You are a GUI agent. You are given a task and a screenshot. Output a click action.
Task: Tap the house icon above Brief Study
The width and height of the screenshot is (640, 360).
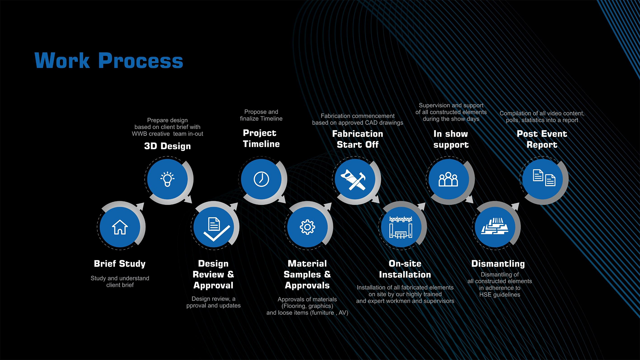120,227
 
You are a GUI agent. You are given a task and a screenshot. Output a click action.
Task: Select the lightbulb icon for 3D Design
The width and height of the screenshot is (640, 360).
167,179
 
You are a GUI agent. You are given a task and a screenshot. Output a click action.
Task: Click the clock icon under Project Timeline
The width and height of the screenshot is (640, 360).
261,179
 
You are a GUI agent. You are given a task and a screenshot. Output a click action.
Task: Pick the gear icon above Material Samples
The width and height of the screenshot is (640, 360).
307,227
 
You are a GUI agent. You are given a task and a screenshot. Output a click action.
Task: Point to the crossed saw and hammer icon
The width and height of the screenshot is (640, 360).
353,179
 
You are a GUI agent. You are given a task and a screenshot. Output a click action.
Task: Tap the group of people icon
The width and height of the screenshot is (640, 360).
448,179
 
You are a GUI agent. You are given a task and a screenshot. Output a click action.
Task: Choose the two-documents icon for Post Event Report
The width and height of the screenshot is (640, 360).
544,178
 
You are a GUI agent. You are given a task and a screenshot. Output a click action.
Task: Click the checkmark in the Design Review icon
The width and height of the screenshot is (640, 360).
217,233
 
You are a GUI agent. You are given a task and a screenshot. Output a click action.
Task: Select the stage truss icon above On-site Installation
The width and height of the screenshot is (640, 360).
401,227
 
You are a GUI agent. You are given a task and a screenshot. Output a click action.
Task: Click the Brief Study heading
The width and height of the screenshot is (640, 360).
120,264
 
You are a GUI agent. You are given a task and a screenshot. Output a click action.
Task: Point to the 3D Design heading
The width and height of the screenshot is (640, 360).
167,146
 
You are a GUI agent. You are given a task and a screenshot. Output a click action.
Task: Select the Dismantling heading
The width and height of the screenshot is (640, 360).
498,264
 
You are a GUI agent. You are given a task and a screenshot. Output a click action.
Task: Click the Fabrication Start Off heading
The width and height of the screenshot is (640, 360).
358,139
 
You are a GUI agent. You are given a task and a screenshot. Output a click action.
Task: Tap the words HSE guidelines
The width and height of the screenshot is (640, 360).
500,295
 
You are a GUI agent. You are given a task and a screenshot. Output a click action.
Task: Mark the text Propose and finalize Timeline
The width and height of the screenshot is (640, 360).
261,115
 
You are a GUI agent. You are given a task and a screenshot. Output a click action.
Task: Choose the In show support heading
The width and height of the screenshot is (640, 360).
451,139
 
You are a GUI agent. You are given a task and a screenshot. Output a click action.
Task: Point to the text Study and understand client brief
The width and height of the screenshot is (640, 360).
120,282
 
